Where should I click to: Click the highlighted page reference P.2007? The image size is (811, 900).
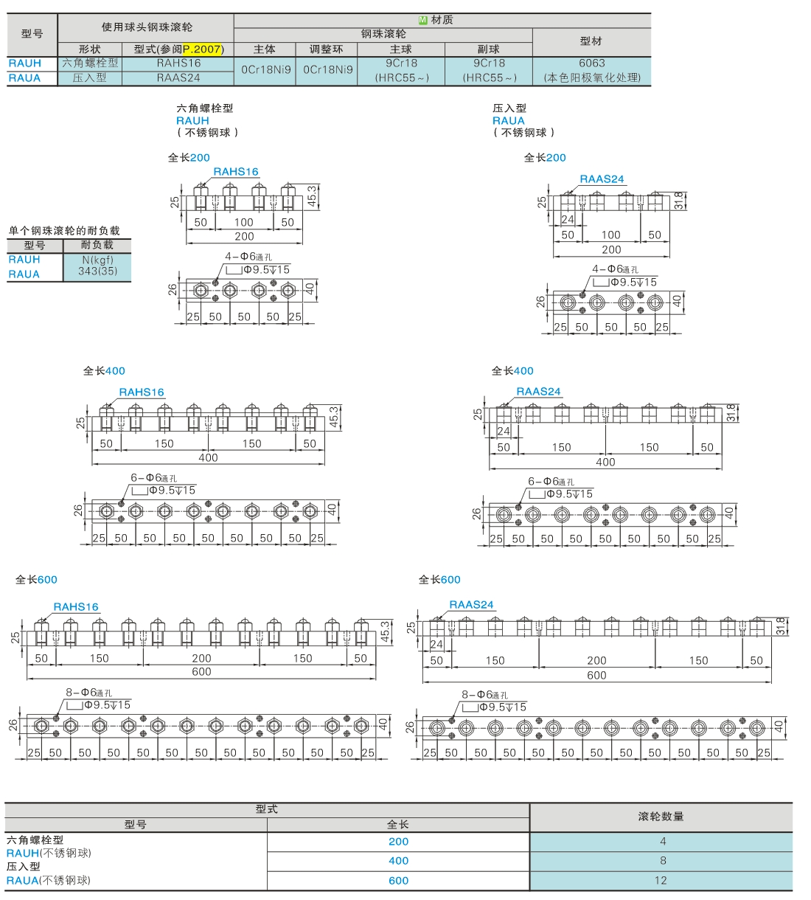[x=202, y=49]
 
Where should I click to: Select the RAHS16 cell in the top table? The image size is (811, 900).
[x=178, y=63]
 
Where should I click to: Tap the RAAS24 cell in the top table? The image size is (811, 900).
[x=178, y=77]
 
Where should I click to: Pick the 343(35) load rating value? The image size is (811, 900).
[x=97, y=271]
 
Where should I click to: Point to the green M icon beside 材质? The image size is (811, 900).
[x=422, y=20]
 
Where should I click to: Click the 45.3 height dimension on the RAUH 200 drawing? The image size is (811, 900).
[x=311, y=196]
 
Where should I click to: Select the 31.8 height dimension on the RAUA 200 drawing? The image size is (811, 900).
[x=679, y=201]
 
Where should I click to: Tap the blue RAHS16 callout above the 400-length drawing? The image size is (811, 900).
[x=142, y=392]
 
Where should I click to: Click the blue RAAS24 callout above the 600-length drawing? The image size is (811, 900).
[x=471, y=605]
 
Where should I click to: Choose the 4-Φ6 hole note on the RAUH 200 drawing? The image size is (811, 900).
[x=248, y=257]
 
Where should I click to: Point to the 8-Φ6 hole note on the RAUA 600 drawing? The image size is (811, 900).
[x=484, y=695]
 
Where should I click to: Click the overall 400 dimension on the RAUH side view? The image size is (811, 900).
[x=208, y=457]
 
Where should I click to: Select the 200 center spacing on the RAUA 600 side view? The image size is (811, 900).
[x=596, y=660]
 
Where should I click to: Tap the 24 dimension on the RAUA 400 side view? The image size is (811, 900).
[x=504, y=431]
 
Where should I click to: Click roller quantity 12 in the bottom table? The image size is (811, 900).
[x=661, y=880]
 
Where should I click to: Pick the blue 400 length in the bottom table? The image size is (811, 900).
[x=398, y=861]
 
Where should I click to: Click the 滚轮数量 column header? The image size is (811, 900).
[x=661, y=817]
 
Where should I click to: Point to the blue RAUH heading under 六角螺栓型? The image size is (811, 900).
[x=192, y=121]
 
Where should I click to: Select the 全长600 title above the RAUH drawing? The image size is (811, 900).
[x=36, y=580]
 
